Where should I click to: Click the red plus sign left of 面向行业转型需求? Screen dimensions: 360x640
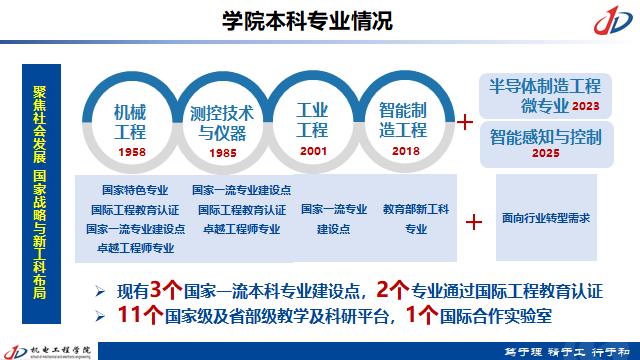476,221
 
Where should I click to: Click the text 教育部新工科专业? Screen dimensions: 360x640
415,219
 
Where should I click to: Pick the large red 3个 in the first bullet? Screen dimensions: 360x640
163,291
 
